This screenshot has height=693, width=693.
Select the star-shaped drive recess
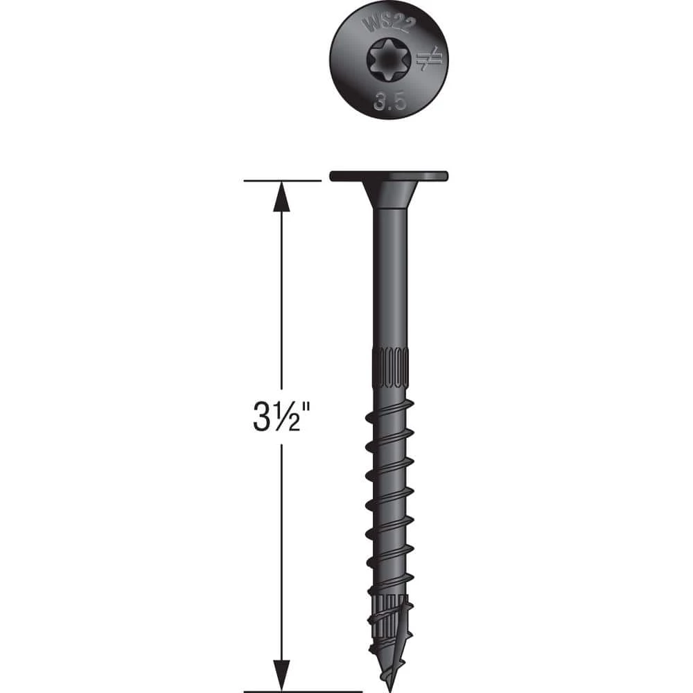coord(389,62)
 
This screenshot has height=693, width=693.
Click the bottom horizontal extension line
coord(303,690)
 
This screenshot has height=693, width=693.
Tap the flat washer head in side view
coord(389,176)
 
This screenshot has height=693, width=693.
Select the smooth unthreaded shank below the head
coord(389,277)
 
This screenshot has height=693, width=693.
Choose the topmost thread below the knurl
coord(389,410)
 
